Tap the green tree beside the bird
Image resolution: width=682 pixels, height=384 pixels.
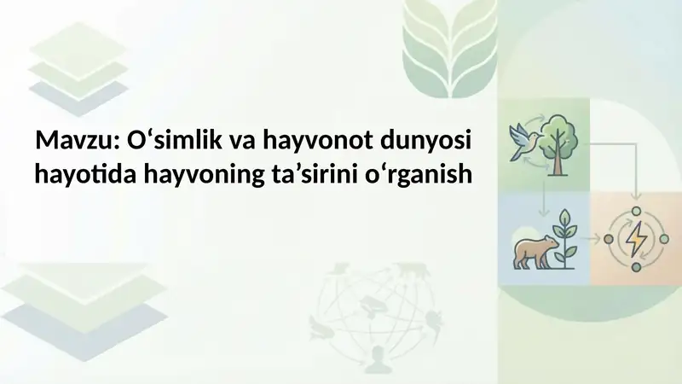(x=558, y=137)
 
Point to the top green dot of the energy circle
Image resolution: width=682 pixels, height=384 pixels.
(x=636, y=210)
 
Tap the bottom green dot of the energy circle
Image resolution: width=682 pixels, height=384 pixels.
(x=636, y=269)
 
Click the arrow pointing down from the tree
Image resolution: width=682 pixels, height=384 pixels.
(x=544, y=201)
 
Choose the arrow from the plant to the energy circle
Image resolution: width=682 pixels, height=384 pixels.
(x=592, y=239)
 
